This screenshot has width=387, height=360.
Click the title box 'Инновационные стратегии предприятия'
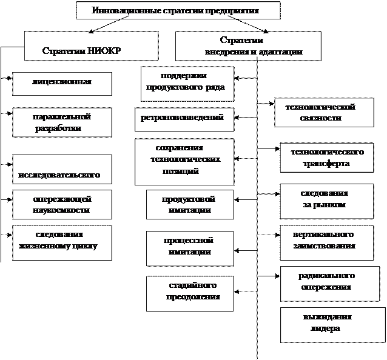pos(178,11)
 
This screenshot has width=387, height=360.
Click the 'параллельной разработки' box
pos(62,122)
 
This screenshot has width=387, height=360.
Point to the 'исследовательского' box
pos(62,170)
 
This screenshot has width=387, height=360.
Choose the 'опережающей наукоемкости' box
pos(62,205)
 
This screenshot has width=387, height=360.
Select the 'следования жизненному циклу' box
pos(62,242)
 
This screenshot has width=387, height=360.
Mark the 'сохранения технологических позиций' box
pos(184,161)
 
